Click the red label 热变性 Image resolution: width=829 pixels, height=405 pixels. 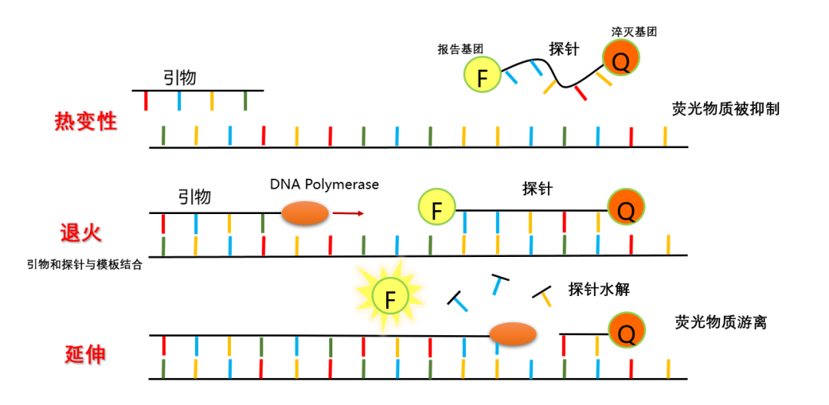click(86, 121)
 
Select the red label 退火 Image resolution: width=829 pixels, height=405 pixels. click(81, 232)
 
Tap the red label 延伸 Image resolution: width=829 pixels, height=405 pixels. click(85, 354)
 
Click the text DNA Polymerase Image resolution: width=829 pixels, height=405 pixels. click(324, 185)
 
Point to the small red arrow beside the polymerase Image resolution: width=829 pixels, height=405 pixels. click(348, 213)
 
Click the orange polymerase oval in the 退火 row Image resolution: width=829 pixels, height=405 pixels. click(306, 214)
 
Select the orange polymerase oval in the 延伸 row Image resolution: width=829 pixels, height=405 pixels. click(513, 334)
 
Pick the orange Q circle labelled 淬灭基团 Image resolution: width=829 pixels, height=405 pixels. click(621, 60)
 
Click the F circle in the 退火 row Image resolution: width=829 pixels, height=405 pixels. click(437, 209)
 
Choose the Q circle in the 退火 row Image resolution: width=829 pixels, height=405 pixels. click(626, 207)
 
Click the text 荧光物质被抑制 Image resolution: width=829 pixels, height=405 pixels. click(725, 109)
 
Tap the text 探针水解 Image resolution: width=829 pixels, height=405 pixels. click(599, 290)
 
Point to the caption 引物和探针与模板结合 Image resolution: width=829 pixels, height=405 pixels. click(84, 265)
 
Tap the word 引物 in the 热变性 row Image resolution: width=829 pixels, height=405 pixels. click(180, 77)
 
